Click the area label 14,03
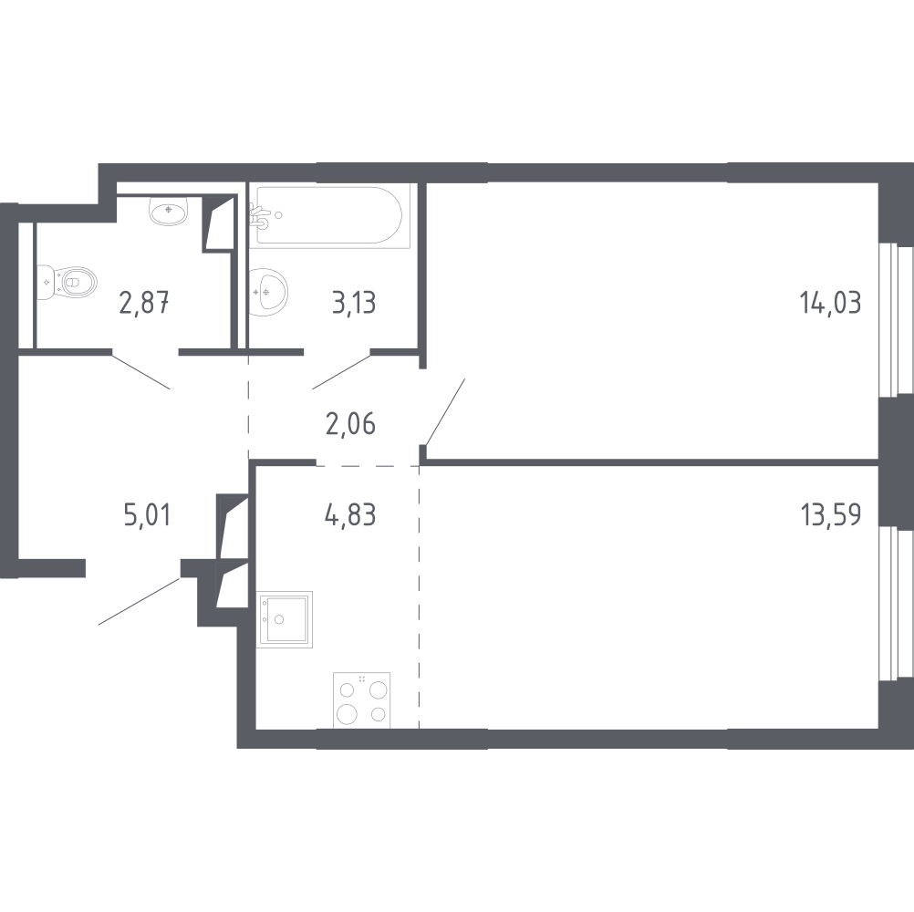tap(831, 304)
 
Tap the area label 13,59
tap(831, 515)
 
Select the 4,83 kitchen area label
tap(350, 515)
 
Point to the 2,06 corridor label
tap(350, 424)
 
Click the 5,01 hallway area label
tap(147, 515)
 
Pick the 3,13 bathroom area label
tap(354, 304)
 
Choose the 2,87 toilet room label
tap(144, 303)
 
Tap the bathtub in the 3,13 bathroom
tap(329, 215)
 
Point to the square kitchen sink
tap(285, 619)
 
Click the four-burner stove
tap(361, 700)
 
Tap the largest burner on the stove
tap(347, 713)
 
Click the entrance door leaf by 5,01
tap(140, 601)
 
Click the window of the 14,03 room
tap(896, 320)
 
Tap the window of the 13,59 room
tap(896, 603)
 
